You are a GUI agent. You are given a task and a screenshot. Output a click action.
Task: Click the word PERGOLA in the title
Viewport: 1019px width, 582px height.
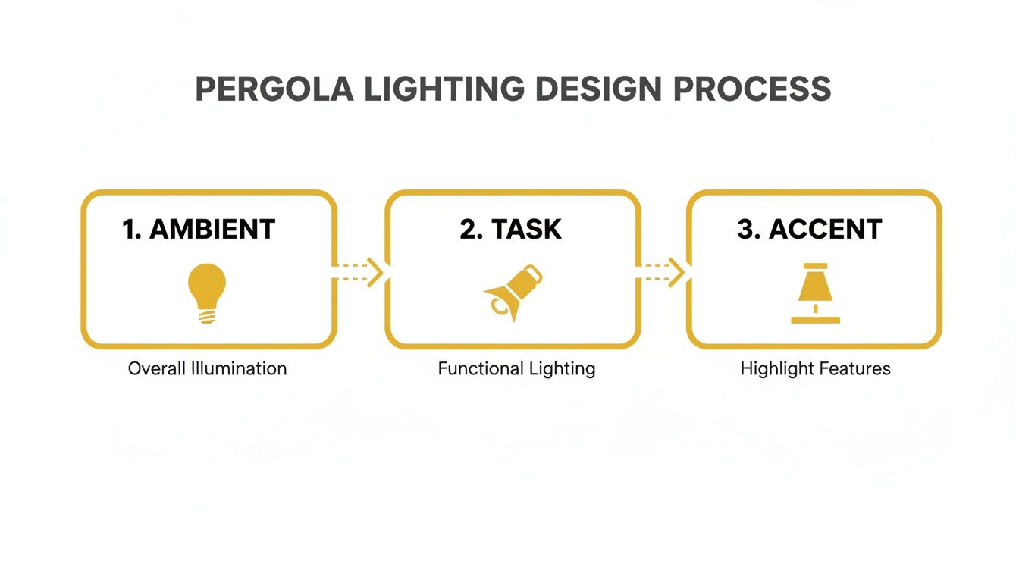(274, 89)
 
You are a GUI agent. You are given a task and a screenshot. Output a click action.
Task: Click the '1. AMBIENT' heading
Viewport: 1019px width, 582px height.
(199, 229)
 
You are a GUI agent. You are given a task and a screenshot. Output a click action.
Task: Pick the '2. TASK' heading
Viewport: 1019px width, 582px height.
(510, 229)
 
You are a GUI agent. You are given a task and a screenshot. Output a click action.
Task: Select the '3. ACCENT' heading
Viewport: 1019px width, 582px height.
(809, 229)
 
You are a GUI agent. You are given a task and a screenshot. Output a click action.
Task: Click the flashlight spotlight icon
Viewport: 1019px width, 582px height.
(513, 292)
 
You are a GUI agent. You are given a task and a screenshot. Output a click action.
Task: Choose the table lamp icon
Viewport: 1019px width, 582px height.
(815, 293)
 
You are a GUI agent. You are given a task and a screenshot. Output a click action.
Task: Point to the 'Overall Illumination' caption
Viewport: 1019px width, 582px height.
(207, 369)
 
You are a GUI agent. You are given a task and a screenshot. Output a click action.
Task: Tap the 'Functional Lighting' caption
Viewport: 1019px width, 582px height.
(516, 369)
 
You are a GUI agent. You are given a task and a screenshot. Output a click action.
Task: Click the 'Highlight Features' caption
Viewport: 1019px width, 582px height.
(815, 369)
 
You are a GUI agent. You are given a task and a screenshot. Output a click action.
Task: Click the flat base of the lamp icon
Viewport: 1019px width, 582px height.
(815, 320)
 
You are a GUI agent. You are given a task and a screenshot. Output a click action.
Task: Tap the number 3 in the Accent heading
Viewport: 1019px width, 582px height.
(748, 229)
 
